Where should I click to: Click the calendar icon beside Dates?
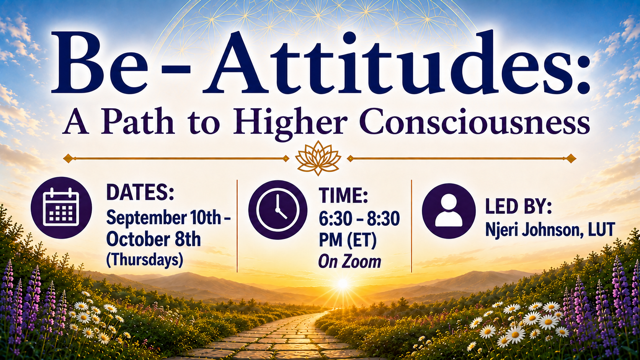point(61,208)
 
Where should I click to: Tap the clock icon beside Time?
point(278,210)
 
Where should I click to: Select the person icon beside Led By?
point(449,211)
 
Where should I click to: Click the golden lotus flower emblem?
point(318,158)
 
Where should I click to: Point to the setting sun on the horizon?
point(343,283)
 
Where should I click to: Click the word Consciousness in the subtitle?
point(474,122)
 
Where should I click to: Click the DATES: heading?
point(140,192)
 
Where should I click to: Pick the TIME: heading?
point(343,195)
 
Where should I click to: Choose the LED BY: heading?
point(518,207)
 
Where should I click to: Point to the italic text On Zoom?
point(350,262)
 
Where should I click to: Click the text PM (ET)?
point(348,240)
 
